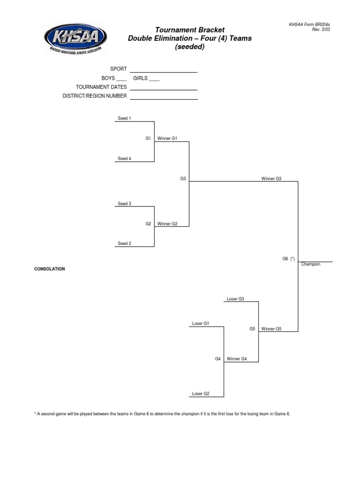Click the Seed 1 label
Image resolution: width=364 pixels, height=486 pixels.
pyautogui.click(x=124, y=118)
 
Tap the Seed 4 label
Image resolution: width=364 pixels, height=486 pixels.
pyautogui.click(x=124, y=159)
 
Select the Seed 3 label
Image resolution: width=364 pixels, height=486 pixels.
pyautogui.click(x=124, y=204)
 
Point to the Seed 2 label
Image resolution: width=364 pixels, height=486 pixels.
pyautogui.click(x=124, y=243)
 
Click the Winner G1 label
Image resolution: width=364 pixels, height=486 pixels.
pyautogui.click(x=167, y=139)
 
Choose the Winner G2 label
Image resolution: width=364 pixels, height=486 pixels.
pyautogui.click(x=167, y=224)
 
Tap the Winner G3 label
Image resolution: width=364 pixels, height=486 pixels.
pyautogui.click(x=271, y=178)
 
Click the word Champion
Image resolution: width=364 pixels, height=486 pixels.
pyautogui.click(x=310, y=264)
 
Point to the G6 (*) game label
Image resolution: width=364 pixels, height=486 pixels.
pyautogui.click(x=289, y=259)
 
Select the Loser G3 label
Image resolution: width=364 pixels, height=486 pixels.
pyautogui.click(x=235, y=299)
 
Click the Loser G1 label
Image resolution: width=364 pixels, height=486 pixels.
pyautogui.click(x=200, y=324)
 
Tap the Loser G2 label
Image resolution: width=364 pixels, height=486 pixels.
pyautogui.click(x=200, y=393)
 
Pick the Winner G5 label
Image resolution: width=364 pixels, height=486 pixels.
pyautogui.click(x=271, y=328)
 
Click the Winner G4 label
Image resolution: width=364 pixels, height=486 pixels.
pyautogui.click(x=237, y=359)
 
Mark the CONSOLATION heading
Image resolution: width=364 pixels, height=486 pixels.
pyautogui.click(x=49, y=269)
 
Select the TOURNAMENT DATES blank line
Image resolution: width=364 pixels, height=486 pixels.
pyautogui.click(x=164, y=89)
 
